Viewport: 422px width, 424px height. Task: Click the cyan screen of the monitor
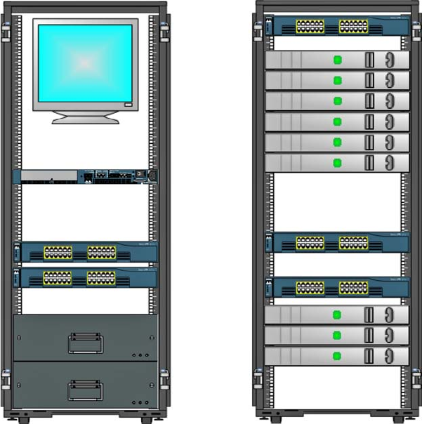pos(85,63)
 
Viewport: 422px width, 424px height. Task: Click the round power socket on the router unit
pos(146,174)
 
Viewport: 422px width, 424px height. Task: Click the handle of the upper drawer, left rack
pos(86,343)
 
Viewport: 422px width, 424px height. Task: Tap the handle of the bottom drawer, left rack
pos(86,390)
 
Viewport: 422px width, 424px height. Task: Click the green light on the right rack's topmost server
pos(337,60)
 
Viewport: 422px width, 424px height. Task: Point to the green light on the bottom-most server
pos(337,355)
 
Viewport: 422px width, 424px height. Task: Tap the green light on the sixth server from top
pos(337,163)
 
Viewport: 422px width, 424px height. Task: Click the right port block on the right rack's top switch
pos(353,26)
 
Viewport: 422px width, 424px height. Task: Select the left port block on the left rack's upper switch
pos(58,252)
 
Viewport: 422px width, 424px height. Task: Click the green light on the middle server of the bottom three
pos(337,335)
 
